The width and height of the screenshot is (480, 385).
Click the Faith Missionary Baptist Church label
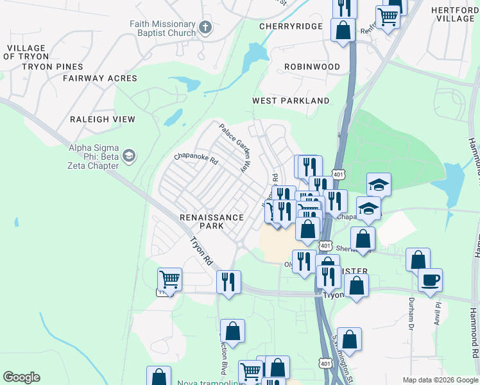click(x=162, y=28)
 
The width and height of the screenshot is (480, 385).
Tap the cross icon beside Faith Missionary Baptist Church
click(x=205, y=28)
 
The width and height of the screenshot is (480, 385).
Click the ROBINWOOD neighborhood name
click(x=312, y=66)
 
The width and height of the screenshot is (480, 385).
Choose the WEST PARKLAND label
click(x=291, y=101)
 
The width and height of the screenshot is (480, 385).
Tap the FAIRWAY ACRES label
click(x=100, y=78)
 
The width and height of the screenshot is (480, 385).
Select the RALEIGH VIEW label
click(x=103, y=119)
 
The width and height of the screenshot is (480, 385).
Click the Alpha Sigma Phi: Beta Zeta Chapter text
click(x=94, y=156)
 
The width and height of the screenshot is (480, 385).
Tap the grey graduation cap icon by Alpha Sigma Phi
click(x=129, y=156)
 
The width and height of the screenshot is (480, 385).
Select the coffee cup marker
click(x=430, y=280)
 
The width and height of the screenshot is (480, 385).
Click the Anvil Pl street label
click(x=438, y=314)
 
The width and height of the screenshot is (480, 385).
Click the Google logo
click(x=21, y=377)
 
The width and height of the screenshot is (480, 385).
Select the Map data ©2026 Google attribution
click(x=440, y=380)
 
